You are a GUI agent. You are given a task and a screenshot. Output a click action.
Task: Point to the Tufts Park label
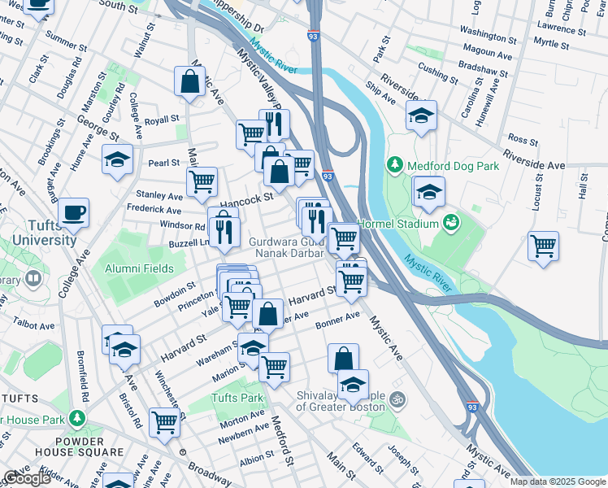point(237,399)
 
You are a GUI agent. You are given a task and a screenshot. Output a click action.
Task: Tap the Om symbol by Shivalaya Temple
point(398,399)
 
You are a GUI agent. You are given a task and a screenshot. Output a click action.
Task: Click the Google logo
point(27,478)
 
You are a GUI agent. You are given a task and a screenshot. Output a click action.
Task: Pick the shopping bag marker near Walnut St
point(189,82)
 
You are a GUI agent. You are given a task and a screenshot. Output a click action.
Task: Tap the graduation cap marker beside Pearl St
point(117,160)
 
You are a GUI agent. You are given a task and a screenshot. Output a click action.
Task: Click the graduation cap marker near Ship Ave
point(421,117)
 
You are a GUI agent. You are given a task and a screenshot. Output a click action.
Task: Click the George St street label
point(93,120)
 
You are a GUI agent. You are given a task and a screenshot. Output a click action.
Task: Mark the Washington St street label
point(487,30)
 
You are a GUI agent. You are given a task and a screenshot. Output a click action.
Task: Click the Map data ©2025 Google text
point(558,481)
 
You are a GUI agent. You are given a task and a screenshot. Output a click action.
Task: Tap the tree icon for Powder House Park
point(77,418)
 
